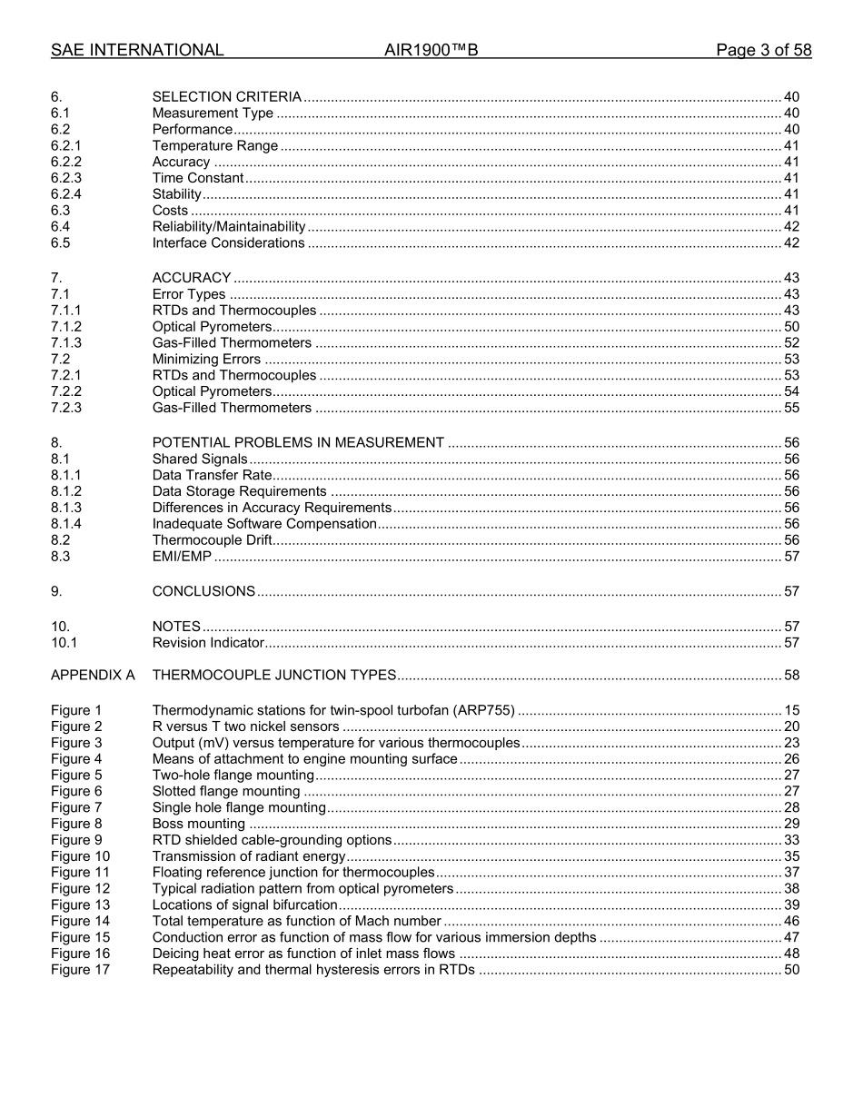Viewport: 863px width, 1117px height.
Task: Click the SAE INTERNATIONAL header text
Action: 137,51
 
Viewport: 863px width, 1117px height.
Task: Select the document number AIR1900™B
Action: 431,51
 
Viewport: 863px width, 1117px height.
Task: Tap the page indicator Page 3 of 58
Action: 763,51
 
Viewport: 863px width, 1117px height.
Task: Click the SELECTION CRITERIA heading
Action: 226,97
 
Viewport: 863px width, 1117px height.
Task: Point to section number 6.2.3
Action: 66,178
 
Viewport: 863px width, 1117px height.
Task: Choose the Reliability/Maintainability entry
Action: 229,227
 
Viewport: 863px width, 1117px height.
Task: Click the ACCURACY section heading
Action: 192,278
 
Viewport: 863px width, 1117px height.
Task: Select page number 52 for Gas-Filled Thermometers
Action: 791,343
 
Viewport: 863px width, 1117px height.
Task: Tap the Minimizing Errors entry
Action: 206,360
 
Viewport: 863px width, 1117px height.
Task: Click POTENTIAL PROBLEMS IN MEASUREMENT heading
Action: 298,443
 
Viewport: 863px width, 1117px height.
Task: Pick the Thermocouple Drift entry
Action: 212,540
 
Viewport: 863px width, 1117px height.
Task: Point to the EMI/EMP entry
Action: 182,557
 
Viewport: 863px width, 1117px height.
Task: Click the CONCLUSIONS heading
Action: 203,591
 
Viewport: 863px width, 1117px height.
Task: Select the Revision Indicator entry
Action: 208,643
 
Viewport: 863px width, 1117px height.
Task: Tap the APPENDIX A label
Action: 93,676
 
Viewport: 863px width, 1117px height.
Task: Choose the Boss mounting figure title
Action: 199,825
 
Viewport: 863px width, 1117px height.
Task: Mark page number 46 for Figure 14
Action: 791,922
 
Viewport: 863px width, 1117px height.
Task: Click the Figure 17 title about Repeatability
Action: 313,970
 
